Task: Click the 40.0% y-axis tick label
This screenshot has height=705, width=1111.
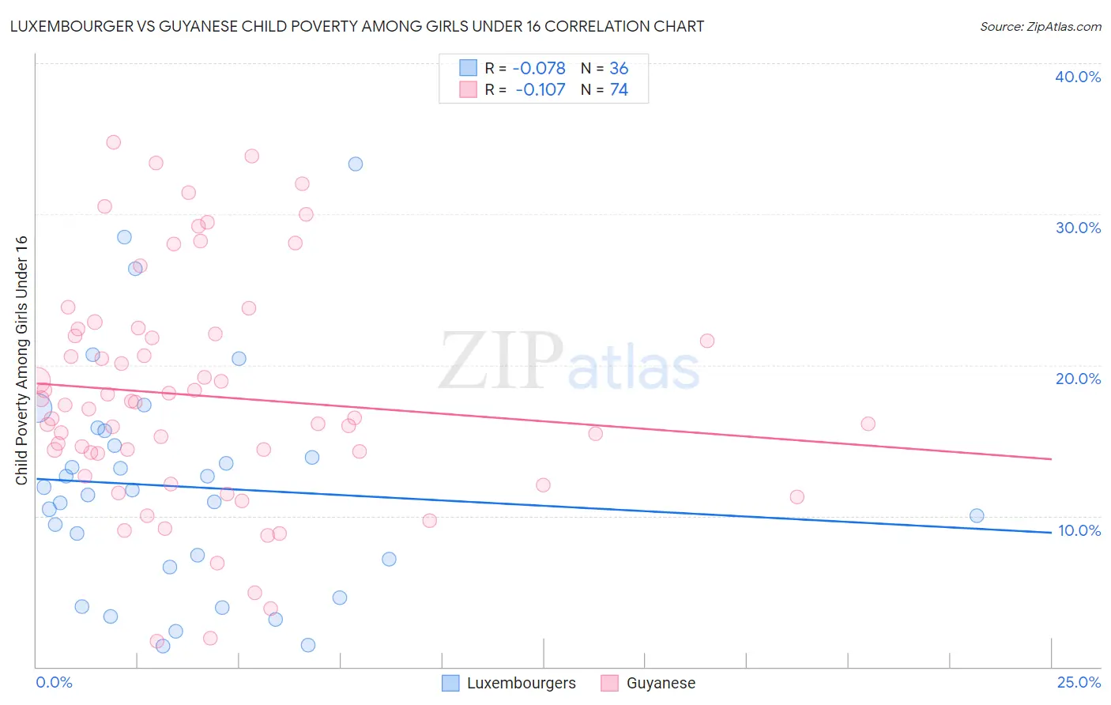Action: coord(1078,77)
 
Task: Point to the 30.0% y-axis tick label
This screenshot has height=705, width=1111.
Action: coord(1078,228)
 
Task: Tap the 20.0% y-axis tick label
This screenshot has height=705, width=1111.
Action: coord(1078,379)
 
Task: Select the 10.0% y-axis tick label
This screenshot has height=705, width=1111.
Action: coord(1079,530)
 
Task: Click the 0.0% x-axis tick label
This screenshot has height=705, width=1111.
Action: coord(54,682)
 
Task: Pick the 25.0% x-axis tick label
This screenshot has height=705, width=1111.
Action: coord(1079,682)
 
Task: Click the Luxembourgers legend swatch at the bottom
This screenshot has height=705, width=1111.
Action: coord(450,683)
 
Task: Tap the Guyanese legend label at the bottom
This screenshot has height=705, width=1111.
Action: coord(661,683)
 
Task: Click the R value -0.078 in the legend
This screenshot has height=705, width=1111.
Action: coord(539,69)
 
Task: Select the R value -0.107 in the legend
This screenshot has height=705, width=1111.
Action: coord(540,90)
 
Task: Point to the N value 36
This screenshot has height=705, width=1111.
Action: coord(619,69)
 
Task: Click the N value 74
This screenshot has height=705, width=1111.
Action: coord(619,90)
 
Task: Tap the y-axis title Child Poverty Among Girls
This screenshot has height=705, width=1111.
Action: coord(22,360)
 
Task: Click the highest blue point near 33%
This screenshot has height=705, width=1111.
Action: coord(356,164)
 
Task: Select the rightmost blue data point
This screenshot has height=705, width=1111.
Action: coord(977,516)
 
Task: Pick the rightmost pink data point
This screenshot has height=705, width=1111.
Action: coord(868,424)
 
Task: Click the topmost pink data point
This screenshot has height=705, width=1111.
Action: coord(113,142)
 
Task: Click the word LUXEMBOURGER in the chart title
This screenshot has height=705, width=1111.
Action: coord(66,27)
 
